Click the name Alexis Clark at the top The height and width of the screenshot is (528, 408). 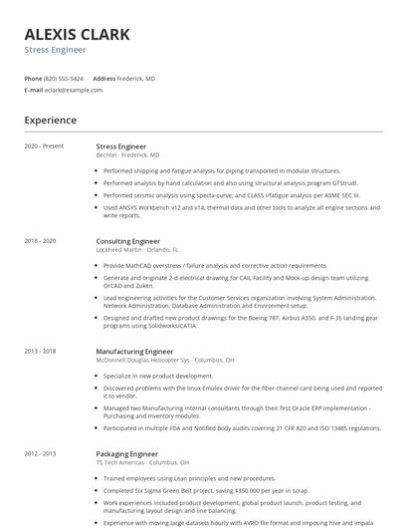point(77,35)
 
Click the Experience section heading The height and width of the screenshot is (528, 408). point(50,121)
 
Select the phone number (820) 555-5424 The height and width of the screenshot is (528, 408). point(64,78)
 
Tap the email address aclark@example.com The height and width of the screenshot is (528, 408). point(73,90)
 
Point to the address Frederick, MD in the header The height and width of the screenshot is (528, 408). point(136,78)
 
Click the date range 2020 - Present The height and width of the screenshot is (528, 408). point(44,146)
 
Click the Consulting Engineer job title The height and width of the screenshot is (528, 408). point(127,241)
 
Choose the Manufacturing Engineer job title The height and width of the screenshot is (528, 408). point(134,351)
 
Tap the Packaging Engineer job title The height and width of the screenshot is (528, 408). point(126,453)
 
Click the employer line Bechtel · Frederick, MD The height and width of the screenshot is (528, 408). point(127,155)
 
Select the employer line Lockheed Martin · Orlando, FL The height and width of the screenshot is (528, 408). point(137,250)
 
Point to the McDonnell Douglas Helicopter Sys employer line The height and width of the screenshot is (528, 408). point(164,360)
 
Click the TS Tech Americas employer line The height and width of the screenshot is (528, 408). point(140,462)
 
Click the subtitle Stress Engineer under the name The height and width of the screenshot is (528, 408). point(55,50)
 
